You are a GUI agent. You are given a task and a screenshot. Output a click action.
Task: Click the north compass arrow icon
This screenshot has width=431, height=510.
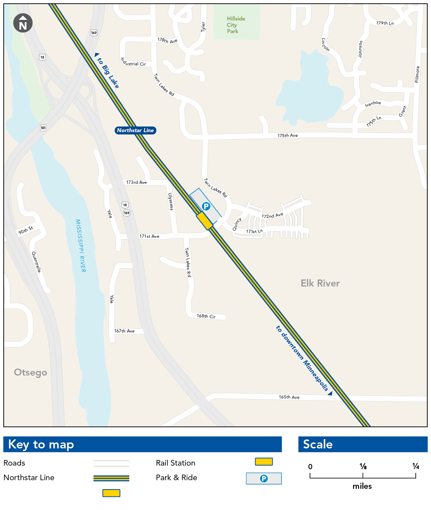click(x=23, y=23)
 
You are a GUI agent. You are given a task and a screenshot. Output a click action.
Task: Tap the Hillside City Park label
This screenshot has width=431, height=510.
click(x=236, y=25)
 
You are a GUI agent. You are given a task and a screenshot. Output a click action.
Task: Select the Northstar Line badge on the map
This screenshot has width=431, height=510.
click(x=135, y=130)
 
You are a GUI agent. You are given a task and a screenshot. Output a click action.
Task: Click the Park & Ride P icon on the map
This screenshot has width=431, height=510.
click(x=206, y=206)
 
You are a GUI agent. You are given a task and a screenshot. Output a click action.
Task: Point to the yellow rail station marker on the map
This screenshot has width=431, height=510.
click(x=204, y=221)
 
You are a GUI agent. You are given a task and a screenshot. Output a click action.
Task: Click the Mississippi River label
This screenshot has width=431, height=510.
click(x=81, y=246)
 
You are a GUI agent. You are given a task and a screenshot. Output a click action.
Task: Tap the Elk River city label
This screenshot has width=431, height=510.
click(x=320, y=283)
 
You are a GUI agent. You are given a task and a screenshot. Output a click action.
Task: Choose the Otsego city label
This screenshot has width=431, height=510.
click(x=31, y=373)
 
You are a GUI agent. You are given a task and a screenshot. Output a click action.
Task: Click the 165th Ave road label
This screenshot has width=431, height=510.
click(x=289, y=397)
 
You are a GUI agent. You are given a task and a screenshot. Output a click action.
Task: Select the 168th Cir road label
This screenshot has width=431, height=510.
click(x=206, y=316)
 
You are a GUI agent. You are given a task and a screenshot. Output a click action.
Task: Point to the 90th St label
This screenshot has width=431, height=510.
click(x=26, y=230)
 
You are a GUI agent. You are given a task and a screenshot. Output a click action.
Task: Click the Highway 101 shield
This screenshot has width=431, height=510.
click(x=43, y=128)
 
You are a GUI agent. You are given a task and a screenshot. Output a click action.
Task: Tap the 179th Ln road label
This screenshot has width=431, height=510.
click(x=385, y=23)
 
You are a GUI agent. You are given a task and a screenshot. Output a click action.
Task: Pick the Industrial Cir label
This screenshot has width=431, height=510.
click(x=133, y=62)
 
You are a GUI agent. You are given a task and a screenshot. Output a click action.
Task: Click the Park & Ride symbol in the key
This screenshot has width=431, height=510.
click(x=264, y=479)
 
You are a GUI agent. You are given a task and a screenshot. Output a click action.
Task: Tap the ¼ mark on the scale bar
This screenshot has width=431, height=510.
click(x=416, y=467)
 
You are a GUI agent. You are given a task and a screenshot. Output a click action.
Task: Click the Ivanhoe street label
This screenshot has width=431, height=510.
click(x=373, y=104)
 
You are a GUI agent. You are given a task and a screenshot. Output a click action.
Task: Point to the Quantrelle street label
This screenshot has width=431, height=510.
click(x=36, y=262)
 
